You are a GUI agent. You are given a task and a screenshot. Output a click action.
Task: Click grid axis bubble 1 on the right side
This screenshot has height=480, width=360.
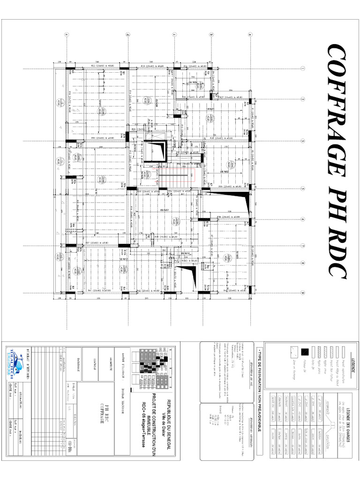303,68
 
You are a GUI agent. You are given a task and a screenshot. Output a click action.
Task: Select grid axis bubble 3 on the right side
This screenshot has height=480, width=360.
303,141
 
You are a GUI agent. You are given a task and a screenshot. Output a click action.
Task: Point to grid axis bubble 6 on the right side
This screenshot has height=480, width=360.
303,219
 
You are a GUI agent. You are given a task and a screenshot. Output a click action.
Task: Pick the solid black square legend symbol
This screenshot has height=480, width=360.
304,351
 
